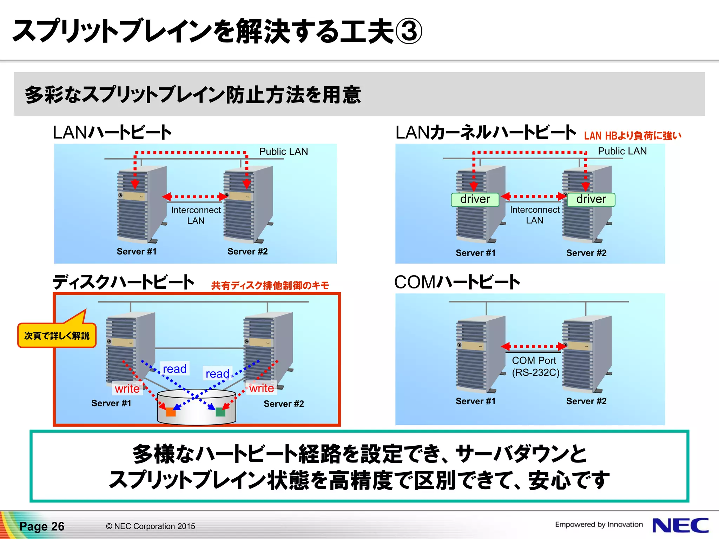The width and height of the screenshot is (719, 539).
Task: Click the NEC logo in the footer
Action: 680,525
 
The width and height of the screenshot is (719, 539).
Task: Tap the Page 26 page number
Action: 42,526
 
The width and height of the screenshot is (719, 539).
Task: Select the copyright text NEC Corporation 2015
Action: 151,526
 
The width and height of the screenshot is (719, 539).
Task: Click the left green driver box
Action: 475,199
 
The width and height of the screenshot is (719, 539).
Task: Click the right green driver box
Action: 591,199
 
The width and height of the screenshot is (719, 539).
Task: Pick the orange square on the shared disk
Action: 171,412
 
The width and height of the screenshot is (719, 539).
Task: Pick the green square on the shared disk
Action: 220,412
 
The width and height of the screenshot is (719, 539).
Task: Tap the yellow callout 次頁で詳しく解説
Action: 57,336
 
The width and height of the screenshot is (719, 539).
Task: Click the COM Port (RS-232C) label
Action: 535,366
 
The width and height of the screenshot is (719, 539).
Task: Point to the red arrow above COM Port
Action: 534,346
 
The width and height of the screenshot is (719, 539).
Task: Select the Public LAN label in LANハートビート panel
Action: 283,152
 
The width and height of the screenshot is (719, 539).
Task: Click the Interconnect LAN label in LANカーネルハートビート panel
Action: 535,215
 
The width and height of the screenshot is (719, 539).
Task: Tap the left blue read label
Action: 174,369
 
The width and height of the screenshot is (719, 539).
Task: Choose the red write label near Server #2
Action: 262,388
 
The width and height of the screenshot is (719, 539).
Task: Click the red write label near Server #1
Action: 127,389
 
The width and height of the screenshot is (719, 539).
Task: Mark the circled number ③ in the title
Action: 409,32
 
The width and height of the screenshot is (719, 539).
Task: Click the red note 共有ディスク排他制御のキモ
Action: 270,285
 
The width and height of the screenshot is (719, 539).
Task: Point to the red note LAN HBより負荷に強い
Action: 632,136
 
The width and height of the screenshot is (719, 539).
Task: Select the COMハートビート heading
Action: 457,282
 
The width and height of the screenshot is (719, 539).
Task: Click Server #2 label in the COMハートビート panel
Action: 586,401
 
